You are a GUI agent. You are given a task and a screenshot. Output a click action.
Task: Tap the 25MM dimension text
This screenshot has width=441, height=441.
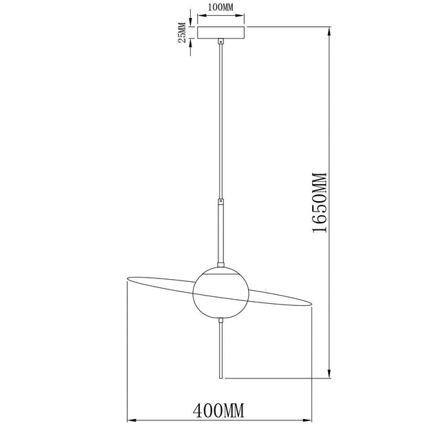click(x=182, y=32)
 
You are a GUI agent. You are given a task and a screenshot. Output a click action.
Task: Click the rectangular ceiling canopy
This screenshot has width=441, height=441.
click(x=220, y=32)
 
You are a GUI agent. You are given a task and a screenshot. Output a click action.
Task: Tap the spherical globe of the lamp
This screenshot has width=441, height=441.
click(x=220, y=291)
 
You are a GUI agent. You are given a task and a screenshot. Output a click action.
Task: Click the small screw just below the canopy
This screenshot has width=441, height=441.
click(x=220, y=43)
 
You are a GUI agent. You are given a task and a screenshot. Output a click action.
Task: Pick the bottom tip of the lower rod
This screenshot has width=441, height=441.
click(x=220, y=378)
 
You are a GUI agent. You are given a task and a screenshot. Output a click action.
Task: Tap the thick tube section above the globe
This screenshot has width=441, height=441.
click(x=220, y=231)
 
